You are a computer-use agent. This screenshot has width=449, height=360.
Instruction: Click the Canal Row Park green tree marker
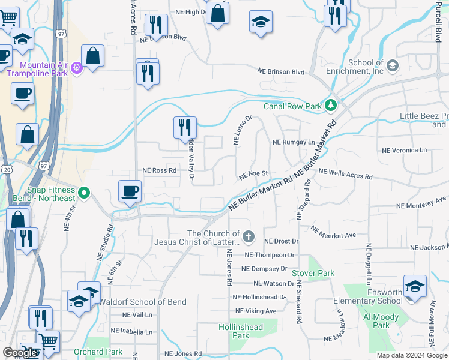330,106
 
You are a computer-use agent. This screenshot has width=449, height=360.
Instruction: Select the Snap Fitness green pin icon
85,193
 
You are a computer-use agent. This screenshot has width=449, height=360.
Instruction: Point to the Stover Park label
313,273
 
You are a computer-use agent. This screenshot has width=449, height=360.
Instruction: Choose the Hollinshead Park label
240,331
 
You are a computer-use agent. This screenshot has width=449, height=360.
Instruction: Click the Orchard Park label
98,352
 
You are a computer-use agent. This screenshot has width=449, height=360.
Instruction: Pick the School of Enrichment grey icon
393,65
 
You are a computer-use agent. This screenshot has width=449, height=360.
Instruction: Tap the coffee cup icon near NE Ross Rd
130,191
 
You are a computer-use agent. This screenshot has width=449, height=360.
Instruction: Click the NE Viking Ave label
256,311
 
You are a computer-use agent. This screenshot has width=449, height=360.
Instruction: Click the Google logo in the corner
20,353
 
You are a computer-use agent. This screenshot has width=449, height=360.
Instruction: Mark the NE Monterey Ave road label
421,203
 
